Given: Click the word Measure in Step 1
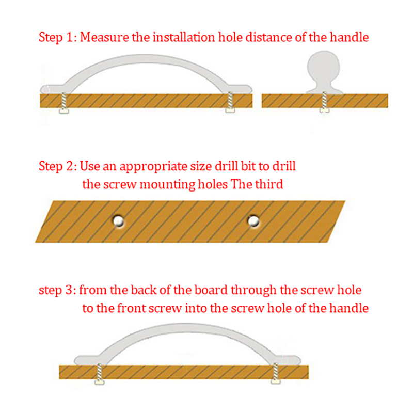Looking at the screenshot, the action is [104, 37].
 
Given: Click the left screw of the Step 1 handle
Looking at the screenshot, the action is [63, 103].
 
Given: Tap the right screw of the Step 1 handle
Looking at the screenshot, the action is [230, 102].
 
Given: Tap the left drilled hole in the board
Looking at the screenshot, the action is [119, 221].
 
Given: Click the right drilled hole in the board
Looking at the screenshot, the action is [253, 221].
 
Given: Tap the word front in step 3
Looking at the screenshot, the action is [131, 308].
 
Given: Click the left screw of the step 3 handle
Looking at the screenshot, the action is [99, 374].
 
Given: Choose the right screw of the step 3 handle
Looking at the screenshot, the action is [276, 373].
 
